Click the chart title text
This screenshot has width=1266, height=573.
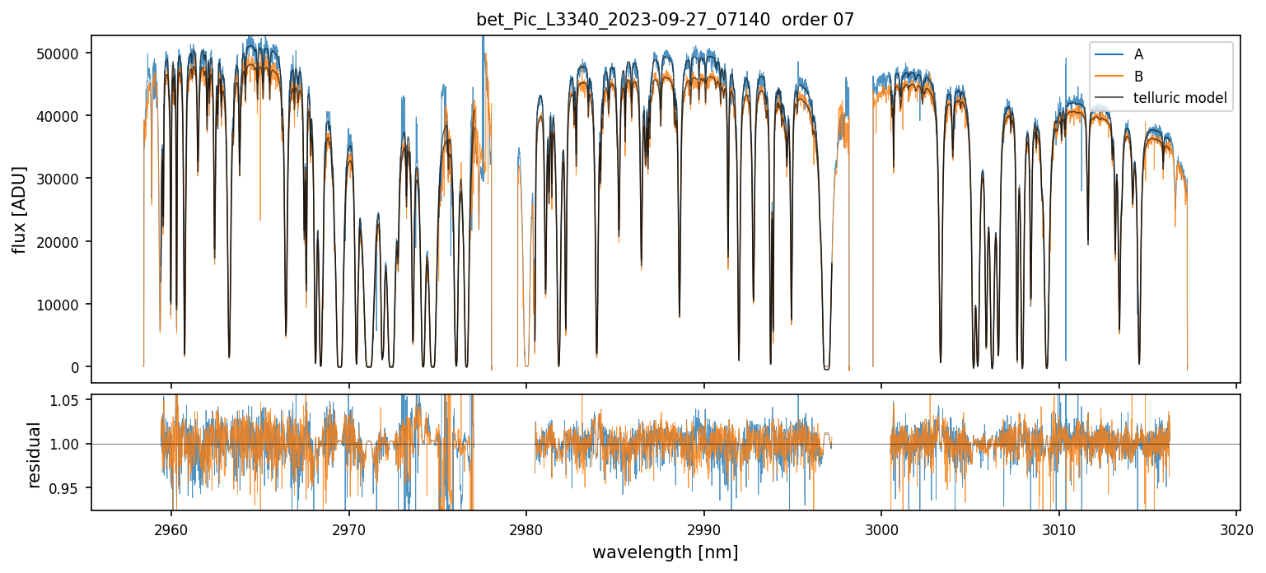coord(665,20)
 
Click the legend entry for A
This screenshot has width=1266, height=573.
coord(1138,54)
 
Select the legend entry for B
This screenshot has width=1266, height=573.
coord(1138,77)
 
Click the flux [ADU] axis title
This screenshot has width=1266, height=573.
coord(19,209)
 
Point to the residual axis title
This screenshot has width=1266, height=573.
coord(34,454)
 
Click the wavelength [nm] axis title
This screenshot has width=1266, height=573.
coord(665,552)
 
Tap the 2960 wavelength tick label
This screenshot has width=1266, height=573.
coord(171,529)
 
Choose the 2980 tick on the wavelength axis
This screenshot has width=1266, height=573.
coord(526,529)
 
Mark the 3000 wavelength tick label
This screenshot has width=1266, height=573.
coord(881,529)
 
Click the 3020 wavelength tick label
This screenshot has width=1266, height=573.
coord(1236,529)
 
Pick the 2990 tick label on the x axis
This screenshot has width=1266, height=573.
coord(703,529)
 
